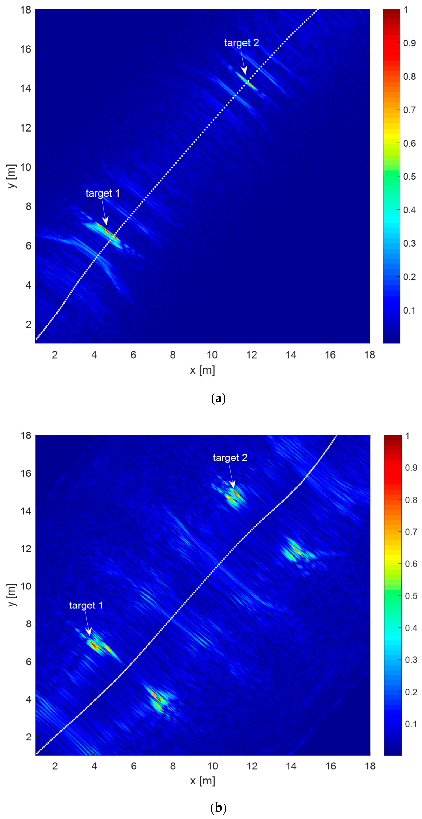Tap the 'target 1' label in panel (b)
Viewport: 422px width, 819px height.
coord(86,605)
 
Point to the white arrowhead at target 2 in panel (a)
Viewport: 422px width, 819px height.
coord(244,71)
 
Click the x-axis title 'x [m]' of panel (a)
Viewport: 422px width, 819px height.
coord(202,370)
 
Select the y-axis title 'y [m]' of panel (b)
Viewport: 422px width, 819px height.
coord(11,595)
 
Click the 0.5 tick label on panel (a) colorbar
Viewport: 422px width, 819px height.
coord(409,176)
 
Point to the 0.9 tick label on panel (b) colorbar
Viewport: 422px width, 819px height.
coord(411,468)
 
